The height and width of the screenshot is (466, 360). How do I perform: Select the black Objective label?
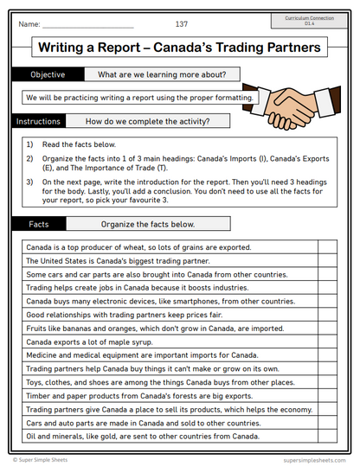47,74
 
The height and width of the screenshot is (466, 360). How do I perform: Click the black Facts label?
39,224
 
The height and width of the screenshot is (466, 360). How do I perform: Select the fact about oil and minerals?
143,436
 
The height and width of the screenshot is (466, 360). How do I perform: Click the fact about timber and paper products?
127,394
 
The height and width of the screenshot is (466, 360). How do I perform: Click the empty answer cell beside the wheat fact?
327,246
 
